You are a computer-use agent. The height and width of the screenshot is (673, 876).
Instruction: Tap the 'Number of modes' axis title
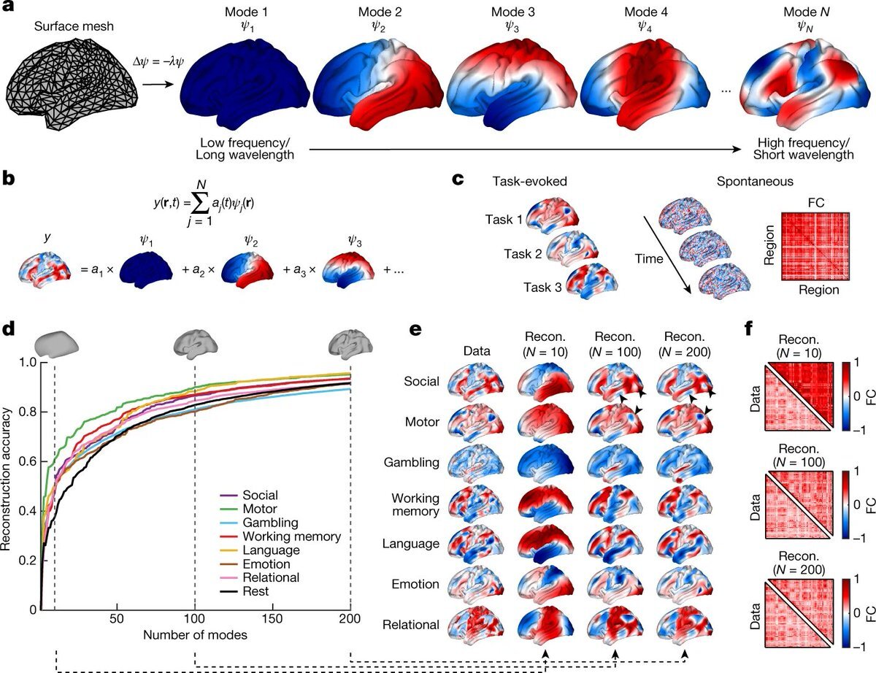pos(195,635)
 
